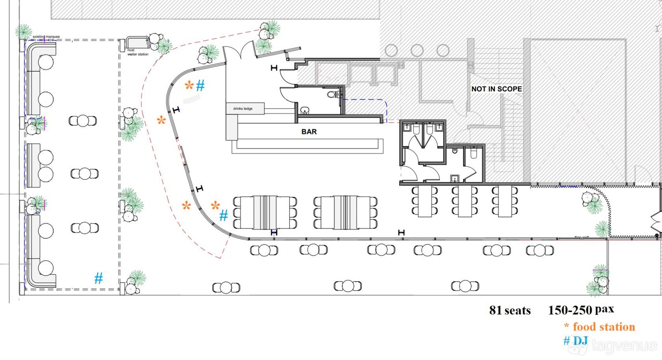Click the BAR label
(309, 132)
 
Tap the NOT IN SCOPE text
(496, 89)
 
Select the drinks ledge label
(242, 108)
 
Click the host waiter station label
(138, 52)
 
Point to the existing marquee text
(46, 37)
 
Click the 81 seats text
(510, 310)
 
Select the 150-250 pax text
(581, 310)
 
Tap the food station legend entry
(600, 327)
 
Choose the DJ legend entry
(576, 341)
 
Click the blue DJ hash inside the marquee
(98, 278)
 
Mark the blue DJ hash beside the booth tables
(224, 216)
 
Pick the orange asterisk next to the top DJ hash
(189, 85)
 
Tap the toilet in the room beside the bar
(331, 94)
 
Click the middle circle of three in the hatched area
(417, 50)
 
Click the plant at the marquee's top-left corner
(23, 31)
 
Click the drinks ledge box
(245, 108)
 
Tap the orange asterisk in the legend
(566, 326)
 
